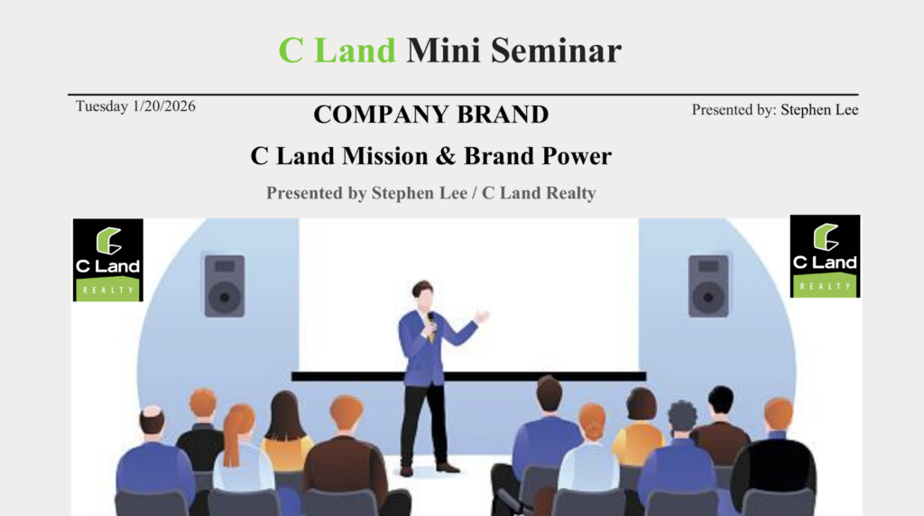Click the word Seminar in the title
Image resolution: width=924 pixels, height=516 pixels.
click(556, 51)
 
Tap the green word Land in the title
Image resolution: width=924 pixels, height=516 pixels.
click(355, 51)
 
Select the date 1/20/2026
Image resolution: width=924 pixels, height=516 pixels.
click(164, 106)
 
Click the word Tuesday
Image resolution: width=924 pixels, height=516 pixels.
click(102, 106)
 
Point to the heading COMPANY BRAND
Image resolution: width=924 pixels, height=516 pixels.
click(430, 115)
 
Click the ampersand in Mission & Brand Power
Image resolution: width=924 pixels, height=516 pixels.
click(446, 156)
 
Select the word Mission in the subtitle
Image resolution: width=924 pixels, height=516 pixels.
click(384, 156)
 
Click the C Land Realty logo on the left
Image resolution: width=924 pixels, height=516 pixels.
click(108, 260)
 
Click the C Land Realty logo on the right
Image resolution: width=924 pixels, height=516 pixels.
click(825, 256)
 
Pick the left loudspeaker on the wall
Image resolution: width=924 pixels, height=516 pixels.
click(225, 286)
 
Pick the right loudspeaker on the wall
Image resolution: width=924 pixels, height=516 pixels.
click(708, 286)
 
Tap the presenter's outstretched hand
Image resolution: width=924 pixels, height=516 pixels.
click(482, 317)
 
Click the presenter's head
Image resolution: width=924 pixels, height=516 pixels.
click(424, 294)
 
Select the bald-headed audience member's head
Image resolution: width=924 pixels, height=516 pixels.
click(152, 421)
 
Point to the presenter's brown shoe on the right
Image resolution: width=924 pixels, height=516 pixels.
click(448, 467)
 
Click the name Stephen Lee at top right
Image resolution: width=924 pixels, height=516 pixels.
click(819, 110)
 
